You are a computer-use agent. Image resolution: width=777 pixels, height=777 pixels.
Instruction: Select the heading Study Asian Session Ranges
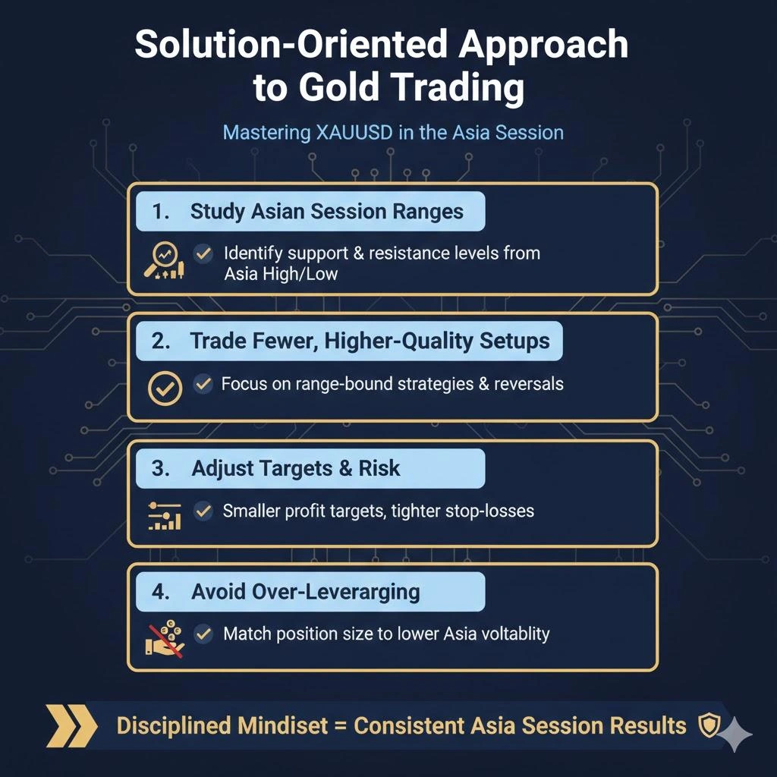tap(327, 211)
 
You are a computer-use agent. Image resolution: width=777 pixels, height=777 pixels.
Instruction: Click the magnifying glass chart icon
tap(163, 260)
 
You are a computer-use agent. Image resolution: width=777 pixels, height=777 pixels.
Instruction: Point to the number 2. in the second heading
tap(161, 341)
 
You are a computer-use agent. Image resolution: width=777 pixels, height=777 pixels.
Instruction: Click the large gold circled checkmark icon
tap(164, 388)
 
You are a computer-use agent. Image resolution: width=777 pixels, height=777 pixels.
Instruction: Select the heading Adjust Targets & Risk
tap(295, 468)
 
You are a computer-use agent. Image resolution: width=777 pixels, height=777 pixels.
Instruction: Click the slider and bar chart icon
tap(163, 515)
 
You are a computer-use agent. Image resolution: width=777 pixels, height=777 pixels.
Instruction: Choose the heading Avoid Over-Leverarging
tap(306, 591)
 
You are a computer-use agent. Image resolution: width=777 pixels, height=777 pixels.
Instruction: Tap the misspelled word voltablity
tap(508, 634)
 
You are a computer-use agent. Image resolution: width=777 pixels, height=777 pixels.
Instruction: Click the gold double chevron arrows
tap(71, 725)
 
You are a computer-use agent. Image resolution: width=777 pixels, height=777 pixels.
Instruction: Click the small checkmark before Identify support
tap(203, 253)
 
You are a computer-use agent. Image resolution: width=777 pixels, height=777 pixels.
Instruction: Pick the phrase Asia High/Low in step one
tap(281, 273)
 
